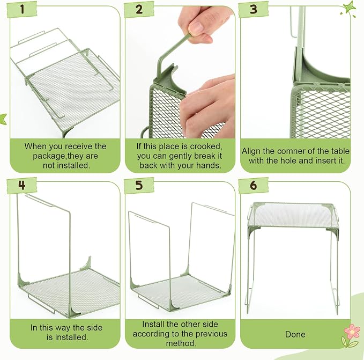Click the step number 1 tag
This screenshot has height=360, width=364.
(22, 10)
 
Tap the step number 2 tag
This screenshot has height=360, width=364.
(139, 10)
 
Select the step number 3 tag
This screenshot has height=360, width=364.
(254, 10)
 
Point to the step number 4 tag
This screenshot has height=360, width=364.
(22, 185)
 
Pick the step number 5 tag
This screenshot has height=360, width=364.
(139, 185)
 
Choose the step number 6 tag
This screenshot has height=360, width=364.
(254, 185)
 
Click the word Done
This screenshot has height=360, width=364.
(295, 334)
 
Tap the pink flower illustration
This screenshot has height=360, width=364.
(352, 332)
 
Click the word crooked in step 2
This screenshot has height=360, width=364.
(206, 146)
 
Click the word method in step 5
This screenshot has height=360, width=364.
(180, 343)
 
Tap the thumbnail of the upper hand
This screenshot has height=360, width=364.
(196, 28)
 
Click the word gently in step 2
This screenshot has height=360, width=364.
(181, 156)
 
